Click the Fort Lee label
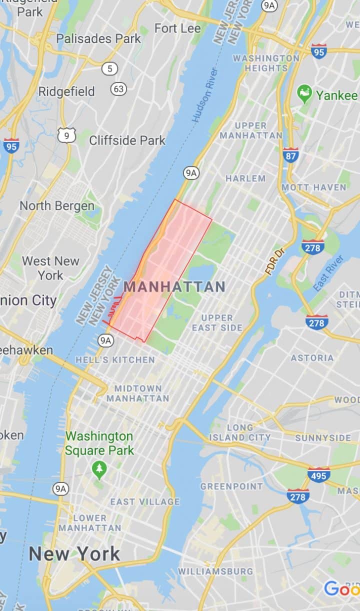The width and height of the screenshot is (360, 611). pyautogui.click(x=177, y=28)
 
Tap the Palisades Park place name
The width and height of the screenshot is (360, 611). pyautogui.click(x=98, y=38)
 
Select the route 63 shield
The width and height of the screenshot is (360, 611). pyautogui.click(x=118, y=89)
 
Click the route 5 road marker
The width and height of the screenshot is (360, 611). pyautogui.click(x=109, y=68)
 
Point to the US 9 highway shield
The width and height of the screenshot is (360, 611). pyautogui.click(x=66, y=134)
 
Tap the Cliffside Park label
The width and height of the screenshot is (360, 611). pyautogui.click(x=127, y=140)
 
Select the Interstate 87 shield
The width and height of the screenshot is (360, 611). pyautogui.click(x=290, y=155)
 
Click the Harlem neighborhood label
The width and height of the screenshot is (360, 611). pyautogui.click(x=245, y=178)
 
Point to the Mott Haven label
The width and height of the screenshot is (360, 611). pyautogui.click(x=313, y=187)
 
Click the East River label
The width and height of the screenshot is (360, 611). pyautogui.click(x=328, y=273)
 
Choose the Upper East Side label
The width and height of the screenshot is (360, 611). pyautogui.click(x=217, y=322)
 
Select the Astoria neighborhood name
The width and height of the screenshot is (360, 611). pyautogui.click(x=311, y=357)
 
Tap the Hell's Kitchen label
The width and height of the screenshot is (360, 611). pyautogui.click(x=115, y=359)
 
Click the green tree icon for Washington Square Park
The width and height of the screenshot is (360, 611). pyautogui.click(x=99, y=468)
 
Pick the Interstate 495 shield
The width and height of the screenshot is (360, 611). pyautogui.click(x=318, y=474)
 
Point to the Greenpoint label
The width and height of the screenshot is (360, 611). pyautogui.click(x=231, y=486)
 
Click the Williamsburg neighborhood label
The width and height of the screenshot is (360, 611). pyautogui.click(x=215, y=571)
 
